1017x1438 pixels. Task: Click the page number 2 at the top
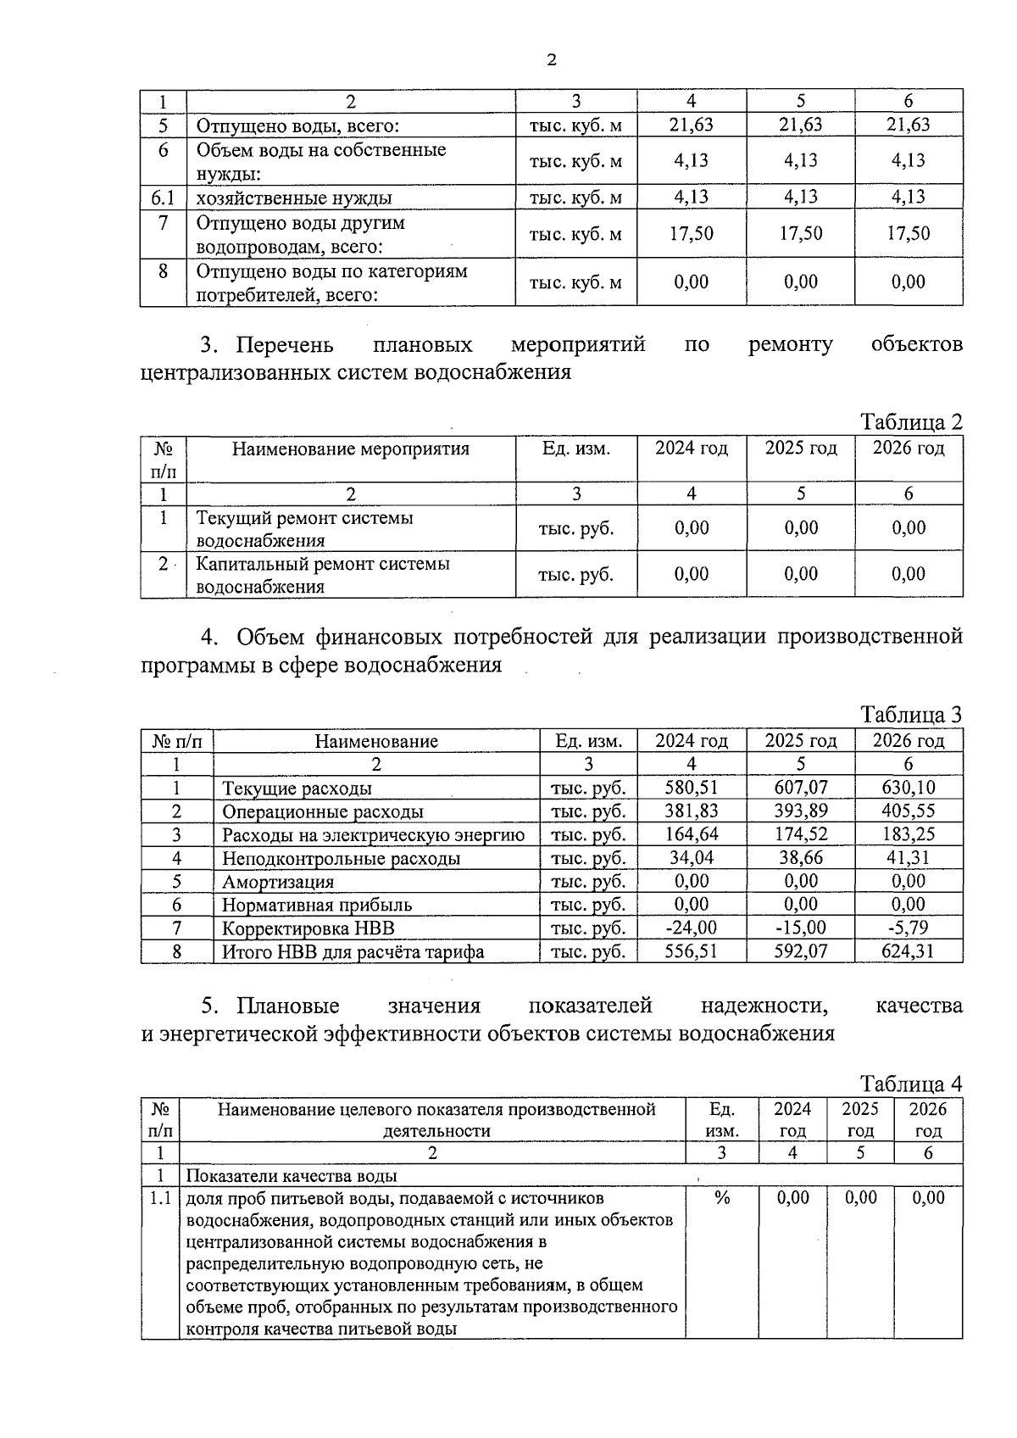(552, 59)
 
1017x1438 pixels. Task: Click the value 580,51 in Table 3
(691, 788)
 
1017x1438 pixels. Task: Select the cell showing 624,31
(908, 951)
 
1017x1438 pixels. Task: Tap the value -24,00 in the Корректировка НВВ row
(691, 928)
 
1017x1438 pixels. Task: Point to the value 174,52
(800, 834)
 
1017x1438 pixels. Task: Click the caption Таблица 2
(911, 422)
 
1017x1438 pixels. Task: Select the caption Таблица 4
(911, 1084)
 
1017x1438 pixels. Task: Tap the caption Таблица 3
(911, 715)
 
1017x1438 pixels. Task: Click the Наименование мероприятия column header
(351, 449)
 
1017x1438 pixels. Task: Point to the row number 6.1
(163, 198)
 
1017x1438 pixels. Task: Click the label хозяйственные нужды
(294, 198)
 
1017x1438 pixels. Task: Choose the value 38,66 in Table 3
(800, 858)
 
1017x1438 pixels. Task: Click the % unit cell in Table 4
(722, 1198)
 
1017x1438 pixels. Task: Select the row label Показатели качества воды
(292, 1176)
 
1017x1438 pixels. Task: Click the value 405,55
(908, 811)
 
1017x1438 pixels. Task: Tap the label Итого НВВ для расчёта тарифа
(353, 951)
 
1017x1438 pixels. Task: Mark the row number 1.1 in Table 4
(161, 1198)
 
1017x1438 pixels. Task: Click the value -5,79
(908, 928)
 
